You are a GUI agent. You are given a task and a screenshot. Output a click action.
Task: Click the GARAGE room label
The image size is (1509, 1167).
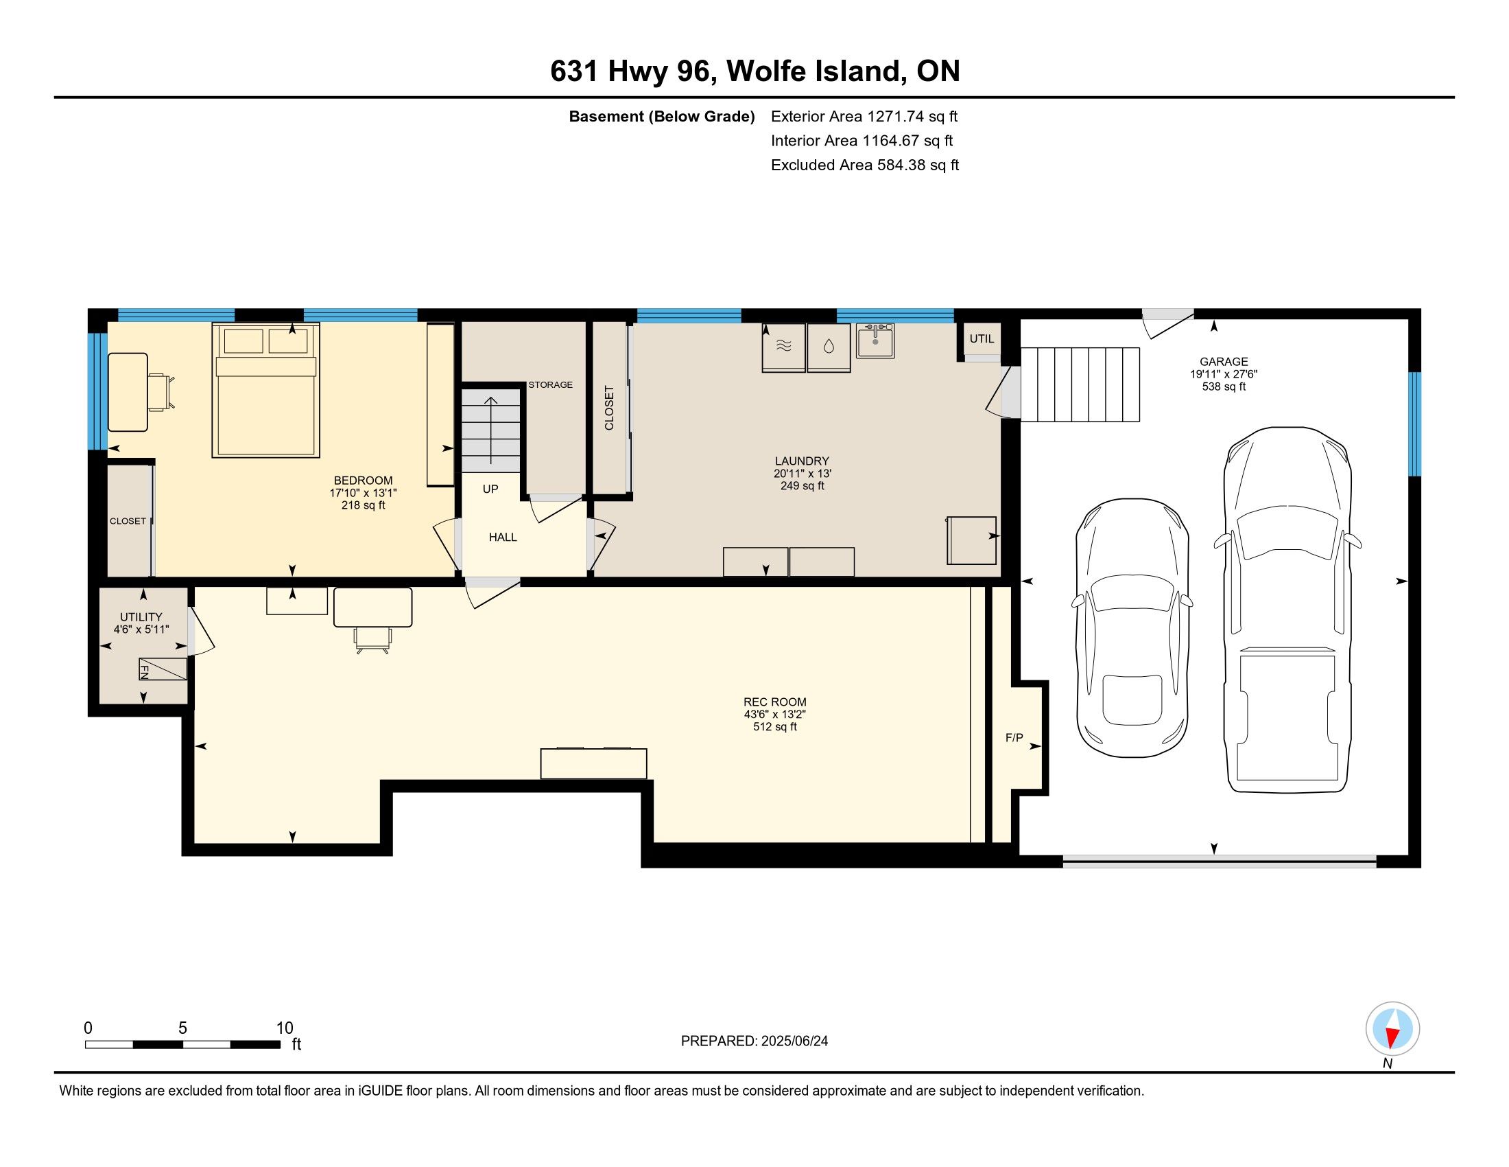tap(1224, 362)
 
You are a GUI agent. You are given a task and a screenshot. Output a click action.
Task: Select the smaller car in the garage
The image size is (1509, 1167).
tap(1132, 627)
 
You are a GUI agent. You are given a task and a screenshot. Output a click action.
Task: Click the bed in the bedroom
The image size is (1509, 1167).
tap(266, 390)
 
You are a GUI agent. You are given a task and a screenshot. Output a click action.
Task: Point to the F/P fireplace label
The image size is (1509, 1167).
tap(1014, 739)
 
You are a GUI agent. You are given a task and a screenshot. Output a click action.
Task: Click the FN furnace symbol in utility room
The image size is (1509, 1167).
tap(163, 669)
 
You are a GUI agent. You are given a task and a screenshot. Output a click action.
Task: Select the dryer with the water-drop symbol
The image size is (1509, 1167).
tap(829, 347)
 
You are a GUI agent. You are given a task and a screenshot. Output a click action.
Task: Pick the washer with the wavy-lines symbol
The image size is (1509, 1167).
tap(783, 347)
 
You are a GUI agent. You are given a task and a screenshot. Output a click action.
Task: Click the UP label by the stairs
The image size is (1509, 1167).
tap(490, 489)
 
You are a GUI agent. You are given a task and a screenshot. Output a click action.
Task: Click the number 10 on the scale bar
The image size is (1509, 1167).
tap(285, 1028)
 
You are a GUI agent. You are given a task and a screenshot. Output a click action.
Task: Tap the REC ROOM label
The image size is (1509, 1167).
tap(774, 702)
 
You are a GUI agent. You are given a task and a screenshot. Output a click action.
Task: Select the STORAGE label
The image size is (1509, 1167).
tap(551, 384)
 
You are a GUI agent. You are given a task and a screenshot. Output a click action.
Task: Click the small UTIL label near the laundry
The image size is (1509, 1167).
tap(982, 338)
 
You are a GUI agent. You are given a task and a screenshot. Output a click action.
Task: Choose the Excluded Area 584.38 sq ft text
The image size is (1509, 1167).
tap(865, 165)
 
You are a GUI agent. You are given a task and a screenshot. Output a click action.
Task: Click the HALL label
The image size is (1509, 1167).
tap(503, 538)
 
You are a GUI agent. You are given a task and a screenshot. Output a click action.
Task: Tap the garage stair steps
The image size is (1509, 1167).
tap(1080, 384)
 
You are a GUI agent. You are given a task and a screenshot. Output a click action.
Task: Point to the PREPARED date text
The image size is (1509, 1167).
tap(754, 1041)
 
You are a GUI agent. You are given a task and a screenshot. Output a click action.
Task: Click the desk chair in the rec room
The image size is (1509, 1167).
tap(373, 640)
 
